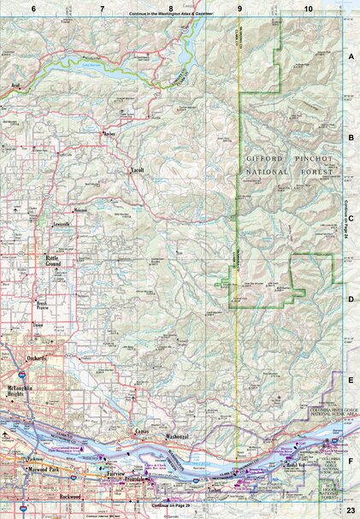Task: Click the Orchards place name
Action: (x=37, y=357)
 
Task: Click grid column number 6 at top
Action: (x=33, y=8)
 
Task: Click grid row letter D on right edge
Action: (x=351, y=299)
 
